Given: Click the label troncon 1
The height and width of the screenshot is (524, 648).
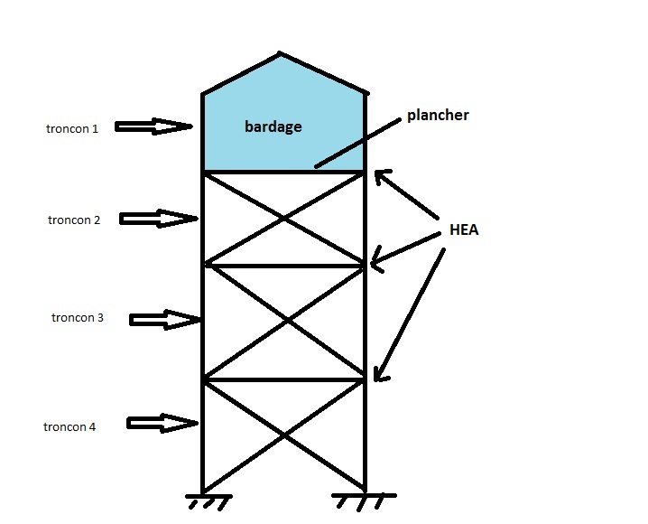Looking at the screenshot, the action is tap(72, 128).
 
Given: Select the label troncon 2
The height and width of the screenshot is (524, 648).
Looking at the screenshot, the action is tap(74, 220).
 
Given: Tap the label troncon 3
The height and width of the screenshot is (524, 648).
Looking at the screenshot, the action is tap(78, 317).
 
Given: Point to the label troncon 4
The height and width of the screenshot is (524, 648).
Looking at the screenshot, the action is tap(69, 426).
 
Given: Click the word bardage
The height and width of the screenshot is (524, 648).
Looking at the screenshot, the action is tap(273, 126).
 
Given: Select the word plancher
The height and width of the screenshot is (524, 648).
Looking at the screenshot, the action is tap(438, 115).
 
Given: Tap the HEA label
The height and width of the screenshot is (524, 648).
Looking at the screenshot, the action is tap(464, 229).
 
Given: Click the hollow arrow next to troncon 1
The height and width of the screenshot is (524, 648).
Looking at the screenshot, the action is tap(153, 126).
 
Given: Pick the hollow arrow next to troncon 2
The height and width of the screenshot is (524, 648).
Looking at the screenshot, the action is tap(159, 219).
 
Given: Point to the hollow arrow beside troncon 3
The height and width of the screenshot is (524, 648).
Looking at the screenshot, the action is tap(165, 319).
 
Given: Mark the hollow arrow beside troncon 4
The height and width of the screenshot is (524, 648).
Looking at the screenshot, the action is tap(162, 423).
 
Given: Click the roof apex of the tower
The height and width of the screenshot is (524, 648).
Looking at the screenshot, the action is tap(280, 53).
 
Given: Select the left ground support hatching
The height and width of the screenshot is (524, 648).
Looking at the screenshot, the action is tap(208, 501).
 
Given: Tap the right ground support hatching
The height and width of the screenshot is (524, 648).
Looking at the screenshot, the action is tap(364, 501).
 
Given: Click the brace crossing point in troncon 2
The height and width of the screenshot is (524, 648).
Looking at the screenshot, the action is tap(284, 219).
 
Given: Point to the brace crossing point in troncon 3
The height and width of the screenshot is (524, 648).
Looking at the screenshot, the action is tap(288, 321).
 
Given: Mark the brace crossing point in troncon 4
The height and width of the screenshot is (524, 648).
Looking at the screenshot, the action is tap(284, 435).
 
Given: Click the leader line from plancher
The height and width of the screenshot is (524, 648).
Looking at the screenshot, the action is tap(358, 143).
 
